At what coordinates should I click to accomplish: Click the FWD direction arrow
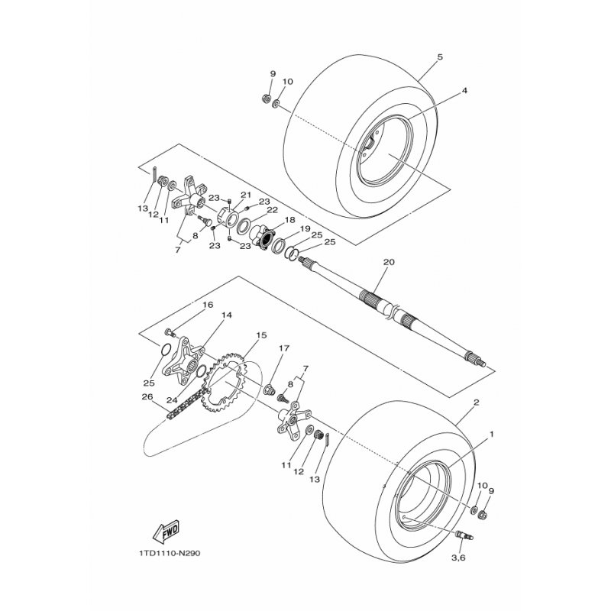[166, 531]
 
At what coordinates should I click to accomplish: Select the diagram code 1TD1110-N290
[169, 553]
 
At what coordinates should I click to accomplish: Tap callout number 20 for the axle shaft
[389, 262]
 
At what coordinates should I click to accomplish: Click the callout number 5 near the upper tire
[440, 57]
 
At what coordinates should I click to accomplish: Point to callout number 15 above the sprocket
[261, 335]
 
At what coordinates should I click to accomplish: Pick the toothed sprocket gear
[225, 381]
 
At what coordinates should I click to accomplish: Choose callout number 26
[147, 397]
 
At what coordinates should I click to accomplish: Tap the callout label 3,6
[458, 558]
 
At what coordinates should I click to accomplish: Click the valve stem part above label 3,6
[464, 535]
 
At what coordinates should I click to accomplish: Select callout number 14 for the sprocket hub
[227, 315]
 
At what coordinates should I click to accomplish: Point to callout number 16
[208, 304]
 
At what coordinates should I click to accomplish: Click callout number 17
[284, 348]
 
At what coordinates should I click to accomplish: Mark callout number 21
[246, 195]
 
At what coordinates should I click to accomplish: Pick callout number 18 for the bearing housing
[290, 220]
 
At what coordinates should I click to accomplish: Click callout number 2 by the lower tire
[476, 402]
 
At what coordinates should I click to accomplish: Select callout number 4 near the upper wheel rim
[464, 90]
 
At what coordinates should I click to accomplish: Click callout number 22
[272, 210]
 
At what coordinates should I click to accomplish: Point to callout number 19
[305, 228]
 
